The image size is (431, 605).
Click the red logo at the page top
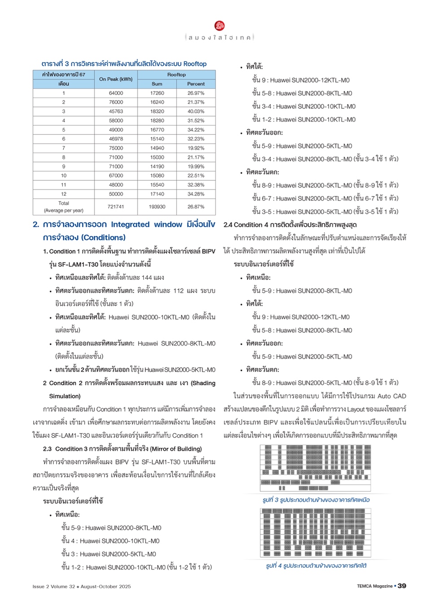point(220,26)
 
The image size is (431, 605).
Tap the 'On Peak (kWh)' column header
point(116,79)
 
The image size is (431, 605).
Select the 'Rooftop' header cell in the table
point(176,75)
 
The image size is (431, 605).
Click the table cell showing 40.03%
point(196,111)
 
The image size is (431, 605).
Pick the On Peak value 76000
point(116,102)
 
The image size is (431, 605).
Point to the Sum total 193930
point(157,206)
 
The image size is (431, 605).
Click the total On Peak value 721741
point(116,206)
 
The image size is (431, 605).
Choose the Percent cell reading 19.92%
point(196,148)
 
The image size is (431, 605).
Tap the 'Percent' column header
point(196,84)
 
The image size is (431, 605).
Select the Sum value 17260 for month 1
point(157,93)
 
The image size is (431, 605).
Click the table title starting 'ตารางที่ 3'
point(124,64)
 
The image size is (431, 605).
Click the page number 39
point(402,586)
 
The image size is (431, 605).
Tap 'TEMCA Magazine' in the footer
point(374,586)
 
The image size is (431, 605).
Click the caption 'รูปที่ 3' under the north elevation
point(316,500)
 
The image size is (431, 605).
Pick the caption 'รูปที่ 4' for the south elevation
point(316,566)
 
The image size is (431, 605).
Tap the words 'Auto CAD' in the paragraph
point(391,396)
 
